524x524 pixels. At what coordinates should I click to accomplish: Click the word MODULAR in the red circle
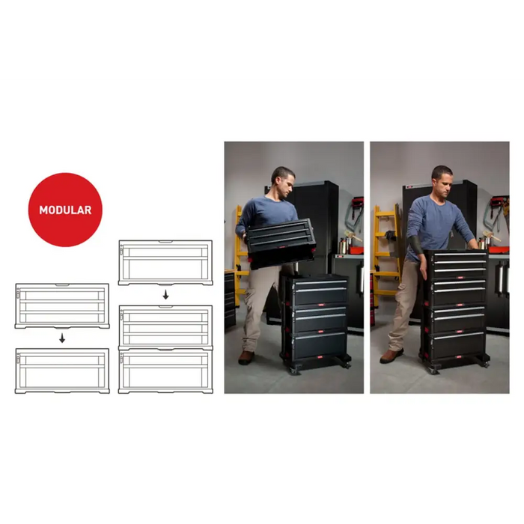(x=65, y=210)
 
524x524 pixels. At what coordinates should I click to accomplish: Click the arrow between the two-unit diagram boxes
(x=62, y=338)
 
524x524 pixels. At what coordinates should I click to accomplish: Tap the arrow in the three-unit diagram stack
(x=165, y=295)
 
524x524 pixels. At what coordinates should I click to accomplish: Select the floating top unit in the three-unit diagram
(x=165, y=263)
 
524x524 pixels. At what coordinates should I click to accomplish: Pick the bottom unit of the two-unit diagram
(x=62, y=371)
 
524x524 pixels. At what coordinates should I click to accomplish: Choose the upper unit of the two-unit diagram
(x=62, y=305)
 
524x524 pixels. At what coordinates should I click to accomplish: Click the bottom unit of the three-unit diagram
(x=165, y=371)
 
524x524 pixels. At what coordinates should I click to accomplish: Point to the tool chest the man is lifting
(x=281, y=243)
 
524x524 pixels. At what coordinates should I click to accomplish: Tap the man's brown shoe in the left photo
(x=246, y=358)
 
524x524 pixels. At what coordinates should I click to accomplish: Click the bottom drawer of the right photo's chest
(x=458, y=344)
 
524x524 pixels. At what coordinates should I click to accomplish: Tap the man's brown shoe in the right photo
(x=392, y=356)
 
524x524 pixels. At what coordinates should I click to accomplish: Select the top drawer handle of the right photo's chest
(x=460, y=255)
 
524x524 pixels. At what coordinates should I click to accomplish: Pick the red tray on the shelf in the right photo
(x=499, y=250)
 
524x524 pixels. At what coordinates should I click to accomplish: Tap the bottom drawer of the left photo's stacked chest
(x=320, y=345)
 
